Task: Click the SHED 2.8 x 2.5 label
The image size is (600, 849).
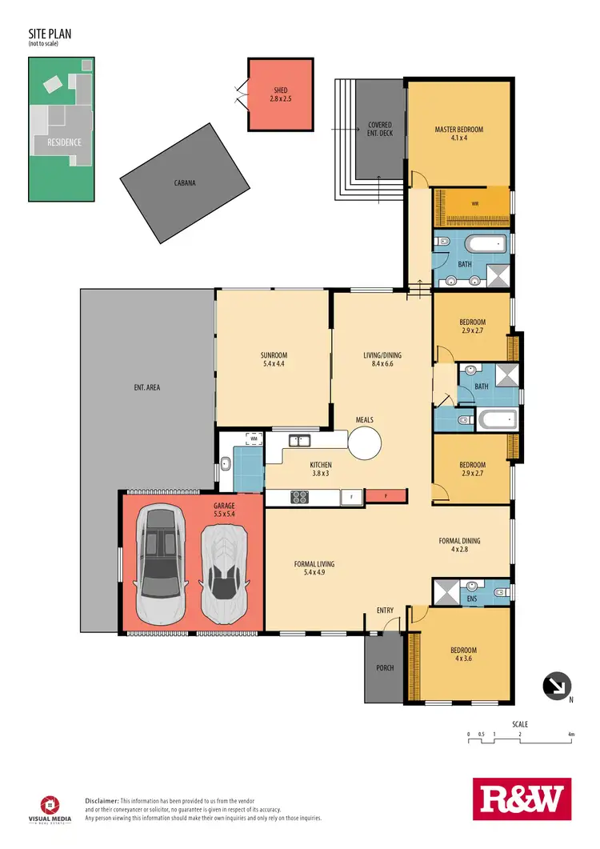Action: pyautogui.click(x=280, y=94)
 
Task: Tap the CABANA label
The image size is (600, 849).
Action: pyautogui.click(x=185, y=182)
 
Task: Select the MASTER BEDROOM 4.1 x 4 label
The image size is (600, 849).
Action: pyautogui.click(x=459, y=134)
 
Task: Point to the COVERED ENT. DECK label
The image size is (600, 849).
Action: pyautogui.click(x=380, y=130)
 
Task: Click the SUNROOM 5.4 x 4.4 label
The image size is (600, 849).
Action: pyautogui.click(x=274, y=359)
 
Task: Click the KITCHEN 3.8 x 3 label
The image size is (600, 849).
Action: pyautogui.click(x=321, y=469)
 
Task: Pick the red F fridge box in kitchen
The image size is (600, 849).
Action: pyautogui.click(x=386, y=497)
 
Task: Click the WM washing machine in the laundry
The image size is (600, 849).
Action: pyautogui.click(x=253, y=439)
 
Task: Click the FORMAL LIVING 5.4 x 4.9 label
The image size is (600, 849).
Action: pyautogui.click(x=314, y=568)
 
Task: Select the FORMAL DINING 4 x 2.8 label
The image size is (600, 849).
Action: pyautogui.click(x=461, y=545)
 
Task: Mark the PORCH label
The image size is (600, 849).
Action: pyautogui.click(x=385, y=668)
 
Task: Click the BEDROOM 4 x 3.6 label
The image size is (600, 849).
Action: pyautogui.click(x=463, y=655)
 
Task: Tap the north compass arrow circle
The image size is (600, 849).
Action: pyautogui.click(x=555, y=686)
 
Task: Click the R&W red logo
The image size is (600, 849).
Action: pyautogui.click(x=522, y=799)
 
